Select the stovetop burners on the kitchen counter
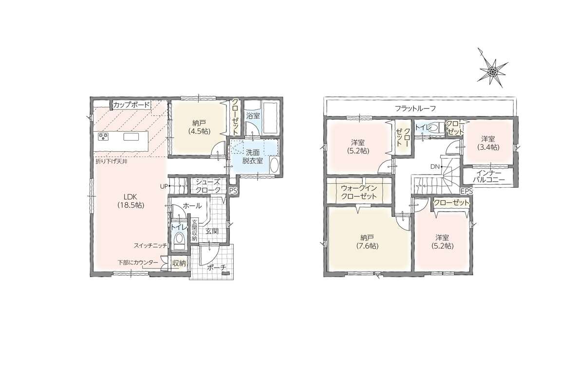tap(103, 137)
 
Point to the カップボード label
tap(131, 105)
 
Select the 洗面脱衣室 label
tap(253, 157)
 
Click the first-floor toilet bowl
tap(180, 240)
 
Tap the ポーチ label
tap(216, 268)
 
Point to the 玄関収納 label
tap(194, 231)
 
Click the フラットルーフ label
tap(415, 108)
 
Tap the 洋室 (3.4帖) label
tap(487, 143)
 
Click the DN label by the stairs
tap(435, 167)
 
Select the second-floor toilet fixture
tap(435, 128)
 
